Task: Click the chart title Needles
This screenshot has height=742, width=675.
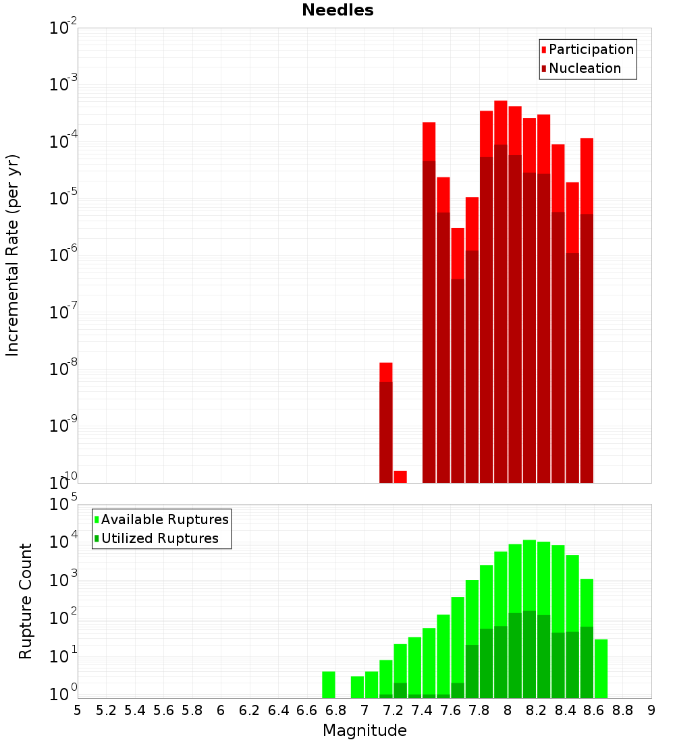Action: [x=337, y=10]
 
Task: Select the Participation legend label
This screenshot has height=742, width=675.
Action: [x=591, y=49]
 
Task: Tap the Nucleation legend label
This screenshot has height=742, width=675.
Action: [x=585, y=68]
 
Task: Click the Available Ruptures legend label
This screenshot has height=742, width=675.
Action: [x=165, y=519]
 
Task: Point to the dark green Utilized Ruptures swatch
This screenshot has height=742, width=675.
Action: [x=97, y=538]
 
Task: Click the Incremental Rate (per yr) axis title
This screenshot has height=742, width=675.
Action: [x=13, y=255]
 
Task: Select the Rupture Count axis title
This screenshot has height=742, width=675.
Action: [x=26, y=601]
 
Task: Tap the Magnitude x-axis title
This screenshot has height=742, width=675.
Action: [x=364, y=731]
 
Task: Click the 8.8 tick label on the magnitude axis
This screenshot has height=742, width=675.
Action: [x=622, y=710]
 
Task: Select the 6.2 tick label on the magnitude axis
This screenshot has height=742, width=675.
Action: [x=249, y=710]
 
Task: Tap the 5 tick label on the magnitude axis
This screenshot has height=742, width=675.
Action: [x=78, y=710]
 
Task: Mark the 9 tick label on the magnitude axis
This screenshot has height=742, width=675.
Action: [x=651, y=710]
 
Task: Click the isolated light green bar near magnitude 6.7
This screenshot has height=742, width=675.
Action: [x=329, y=685]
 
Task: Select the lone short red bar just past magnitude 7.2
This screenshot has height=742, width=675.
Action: [x=400, y=477]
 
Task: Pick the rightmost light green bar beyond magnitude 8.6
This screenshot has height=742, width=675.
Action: [x=601, y=668]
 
